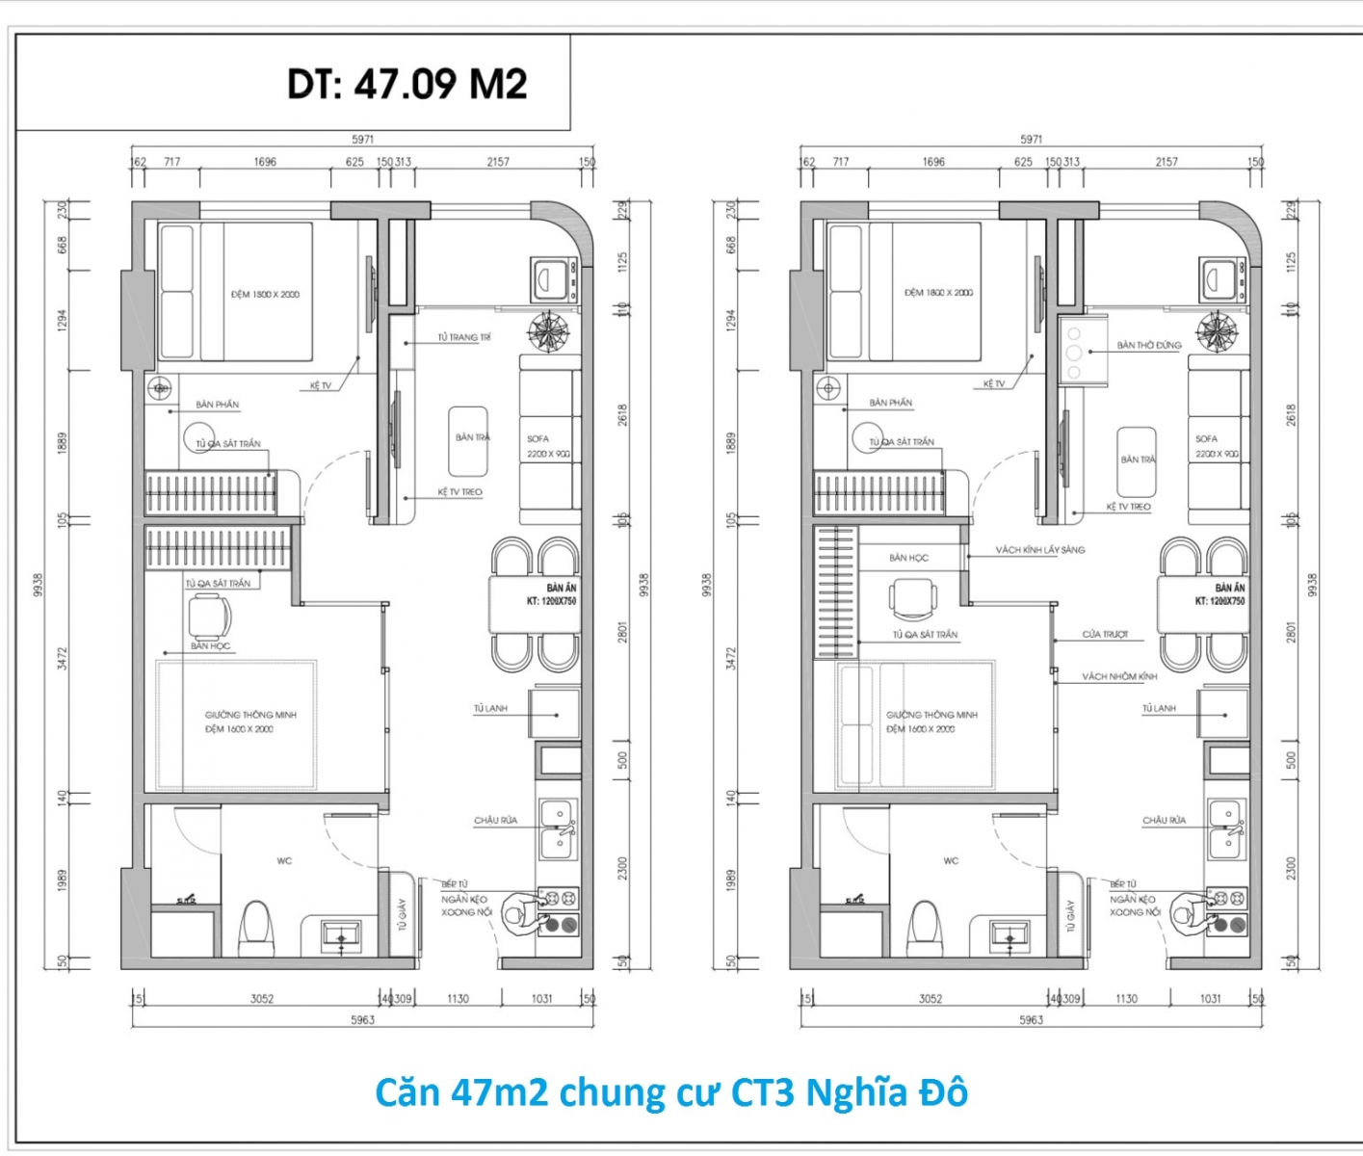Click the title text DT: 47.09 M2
coord(406,85)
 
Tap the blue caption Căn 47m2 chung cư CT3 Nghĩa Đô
coord(670,1093)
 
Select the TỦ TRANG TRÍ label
coord(464,338)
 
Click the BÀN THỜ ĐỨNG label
coord(1148,345)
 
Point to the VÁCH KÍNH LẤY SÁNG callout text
coord(1039,550)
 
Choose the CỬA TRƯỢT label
coord(1105,635)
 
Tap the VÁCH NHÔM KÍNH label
coord(1118,677)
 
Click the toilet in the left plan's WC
coord(256,925)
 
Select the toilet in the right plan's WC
coord(925,925)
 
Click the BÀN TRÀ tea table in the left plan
coord(470,440)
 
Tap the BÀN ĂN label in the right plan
coord(1229,588)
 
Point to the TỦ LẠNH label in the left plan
coord(489,709)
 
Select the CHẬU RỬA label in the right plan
coord(1164,821)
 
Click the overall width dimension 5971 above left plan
coord(362,140)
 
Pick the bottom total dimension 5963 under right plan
coord(1031,1020)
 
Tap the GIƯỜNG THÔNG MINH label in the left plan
coord(250,715)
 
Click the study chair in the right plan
coord(911,599)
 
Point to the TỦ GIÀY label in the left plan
coord(402,914)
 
